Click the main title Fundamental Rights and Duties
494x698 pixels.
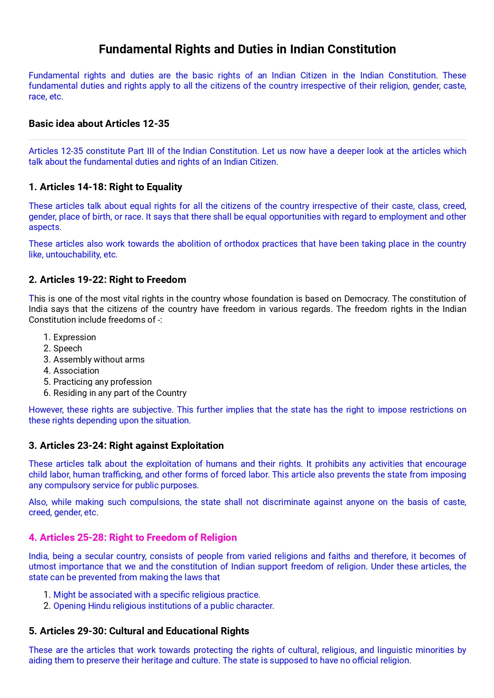tap(247, 49)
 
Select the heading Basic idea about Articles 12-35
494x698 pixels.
tap(99, 124)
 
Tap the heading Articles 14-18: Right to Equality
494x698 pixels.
tap(105, 187)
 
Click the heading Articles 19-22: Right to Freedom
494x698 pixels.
tap(107, 280)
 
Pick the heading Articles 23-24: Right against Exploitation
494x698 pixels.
tap(126, 446)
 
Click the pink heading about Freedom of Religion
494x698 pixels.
tap(133, 538)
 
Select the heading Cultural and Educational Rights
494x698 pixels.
tap(139, 631)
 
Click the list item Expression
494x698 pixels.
tap(74, 337)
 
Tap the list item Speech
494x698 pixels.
tap(67, 349)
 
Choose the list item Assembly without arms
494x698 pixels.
tap(99, 360)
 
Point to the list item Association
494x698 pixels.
tap(76, 371)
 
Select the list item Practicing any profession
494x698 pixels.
tap(102, 382)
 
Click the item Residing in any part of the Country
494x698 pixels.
tap(120, 393)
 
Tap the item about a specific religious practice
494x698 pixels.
tap(157, 595)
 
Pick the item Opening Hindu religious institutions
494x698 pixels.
tap(163, 606)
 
